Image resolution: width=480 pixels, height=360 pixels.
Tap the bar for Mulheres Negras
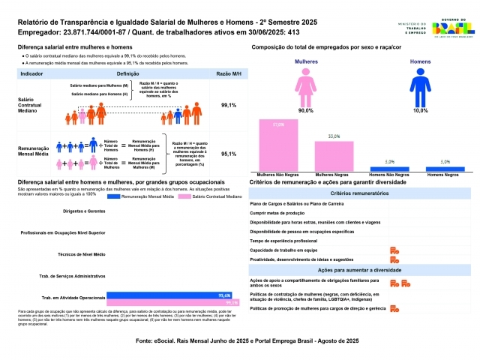[334, 156]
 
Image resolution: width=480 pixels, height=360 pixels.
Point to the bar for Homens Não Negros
[388, 168]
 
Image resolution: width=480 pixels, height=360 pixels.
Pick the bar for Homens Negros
[445, 168]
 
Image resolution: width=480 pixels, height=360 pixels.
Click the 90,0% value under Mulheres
[306, 110]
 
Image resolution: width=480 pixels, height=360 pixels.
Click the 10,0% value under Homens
[421, 110]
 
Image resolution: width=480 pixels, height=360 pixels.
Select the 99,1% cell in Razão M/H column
[229, 106]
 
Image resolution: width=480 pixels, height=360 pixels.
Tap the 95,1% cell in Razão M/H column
[229, 154]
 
